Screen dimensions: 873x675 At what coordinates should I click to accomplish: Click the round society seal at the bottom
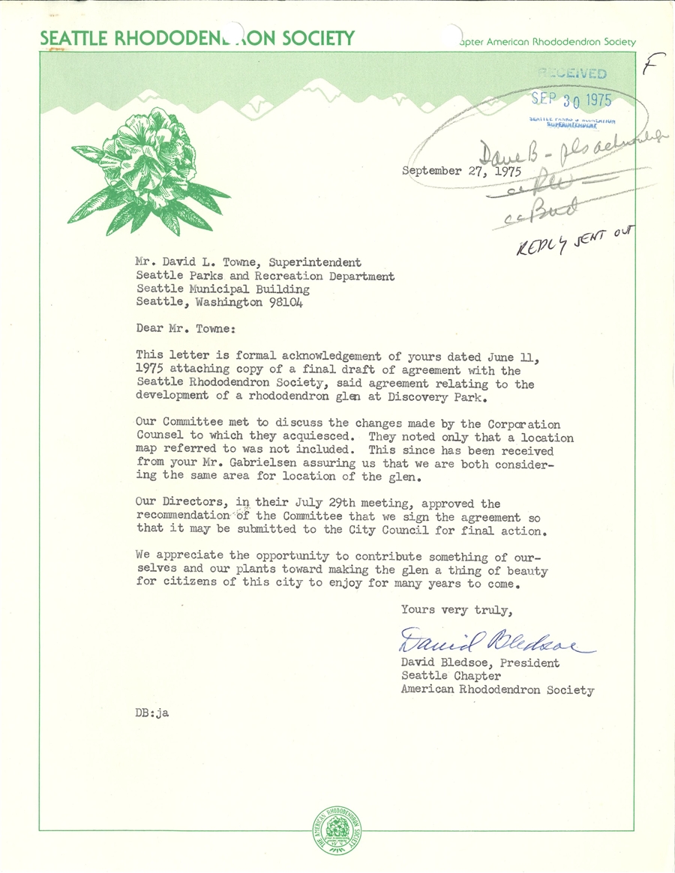coord(337,832)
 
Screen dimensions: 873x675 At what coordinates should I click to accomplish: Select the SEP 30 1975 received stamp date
coord(571,100)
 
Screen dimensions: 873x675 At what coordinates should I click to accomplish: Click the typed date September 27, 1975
coord(466,171)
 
